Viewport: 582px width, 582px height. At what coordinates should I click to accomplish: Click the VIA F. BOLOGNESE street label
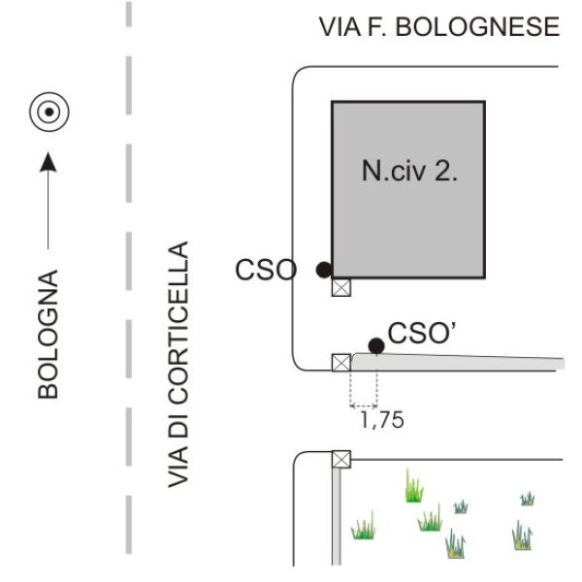pos(438,27)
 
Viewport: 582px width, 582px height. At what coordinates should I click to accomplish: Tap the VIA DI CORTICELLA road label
pos(177,365)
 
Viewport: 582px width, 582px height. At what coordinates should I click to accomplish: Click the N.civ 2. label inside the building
pos(409,175)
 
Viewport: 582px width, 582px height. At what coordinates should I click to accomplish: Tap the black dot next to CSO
pos(323,270)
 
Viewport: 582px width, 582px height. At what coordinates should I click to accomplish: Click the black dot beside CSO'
pos(375,345)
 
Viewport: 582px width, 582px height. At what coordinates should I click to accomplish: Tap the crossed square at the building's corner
pos(341,287)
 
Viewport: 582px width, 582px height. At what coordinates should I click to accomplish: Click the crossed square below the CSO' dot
pos(341,363)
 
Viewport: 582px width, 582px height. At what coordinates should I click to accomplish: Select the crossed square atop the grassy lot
pos(341,460)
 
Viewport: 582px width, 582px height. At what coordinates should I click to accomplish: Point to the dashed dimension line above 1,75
pos(363,404)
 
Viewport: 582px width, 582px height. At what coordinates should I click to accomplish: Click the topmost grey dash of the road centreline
pos(129,14)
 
